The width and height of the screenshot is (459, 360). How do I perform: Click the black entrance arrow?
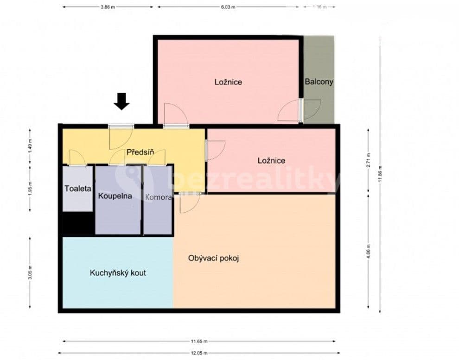[121, 101]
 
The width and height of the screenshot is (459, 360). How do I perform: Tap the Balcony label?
[319, 82]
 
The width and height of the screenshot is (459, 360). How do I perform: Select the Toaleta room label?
[78, 189]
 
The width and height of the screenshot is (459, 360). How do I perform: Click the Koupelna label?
[115, 196]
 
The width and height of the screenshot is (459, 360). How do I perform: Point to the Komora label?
[158, 197]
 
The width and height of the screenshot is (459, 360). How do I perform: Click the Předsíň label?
[140, 153]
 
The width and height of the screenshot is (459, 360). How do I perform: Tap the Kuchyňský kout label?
[118, 273]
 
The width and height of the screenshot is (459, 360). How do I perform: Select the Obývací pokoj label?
[213, 258]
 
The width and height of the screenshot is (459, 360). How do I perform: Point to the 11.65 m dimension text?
[198, 341]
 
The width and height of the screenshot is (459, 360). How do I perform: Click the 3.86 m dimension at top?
[108, 7]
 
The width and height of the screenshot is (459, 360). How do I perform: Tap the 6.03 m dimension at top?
[228, 7]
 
